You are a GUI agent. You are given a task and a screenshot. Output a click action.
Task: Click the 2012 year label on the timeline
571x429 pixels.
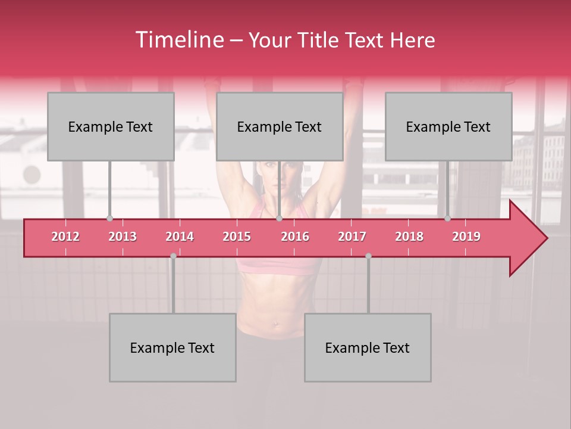coord(65,237)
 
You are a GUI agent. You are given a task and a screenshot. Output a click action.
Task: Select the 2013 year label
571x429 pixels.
coord(123,237)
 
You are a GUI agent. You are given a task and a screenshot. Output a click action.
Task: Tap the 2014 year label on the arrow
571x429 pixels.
coord(180,237)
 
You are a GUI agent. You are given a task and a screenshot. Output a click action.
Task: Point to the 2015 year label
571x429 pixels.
coord(237,237)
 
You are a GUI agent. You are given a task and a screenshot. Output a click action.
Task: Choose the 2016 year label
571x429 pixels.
coord(295,237)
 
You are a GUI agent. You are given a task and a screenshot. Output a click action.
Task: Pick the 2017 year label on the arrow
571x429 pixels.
coord(352,237)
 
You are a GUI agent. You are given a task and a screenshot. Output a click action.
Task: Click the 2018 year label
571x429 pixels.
coord(409,237)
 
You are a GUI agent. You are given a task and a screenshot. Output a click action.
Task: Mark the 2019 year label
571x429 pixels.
coord(466,237)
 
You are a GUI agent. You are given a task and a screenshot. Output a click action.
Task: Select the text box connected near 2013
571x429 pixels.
coord(111,126)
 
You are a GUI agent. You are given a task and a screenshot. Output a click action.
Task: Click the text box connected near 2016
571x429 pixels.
coord(280,126)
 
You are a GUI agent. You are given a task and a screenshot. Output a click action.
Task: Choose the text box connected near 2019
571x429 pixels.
coord(448,126)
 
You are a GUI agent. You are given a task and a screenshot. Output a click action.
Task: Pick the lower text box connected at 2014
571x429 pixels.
coord(172,347)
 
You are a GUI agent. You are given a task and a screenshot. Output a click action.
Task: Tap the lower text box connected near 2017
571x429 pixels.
coord(368,347)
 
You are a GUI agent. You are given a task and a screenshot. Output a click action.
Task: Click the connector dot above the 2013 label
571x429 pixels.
coord(109,219)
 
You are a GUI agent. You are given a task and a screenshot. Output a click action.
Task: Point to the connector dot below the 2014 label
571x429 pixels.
coord(173,256)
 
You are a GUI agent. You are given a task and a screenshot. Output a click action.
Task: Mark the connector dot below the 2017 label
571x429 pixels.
coord(368,256)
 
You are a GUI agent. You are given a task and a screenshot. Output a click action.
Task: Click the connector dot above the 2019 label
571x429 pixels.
coord(447,219)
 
